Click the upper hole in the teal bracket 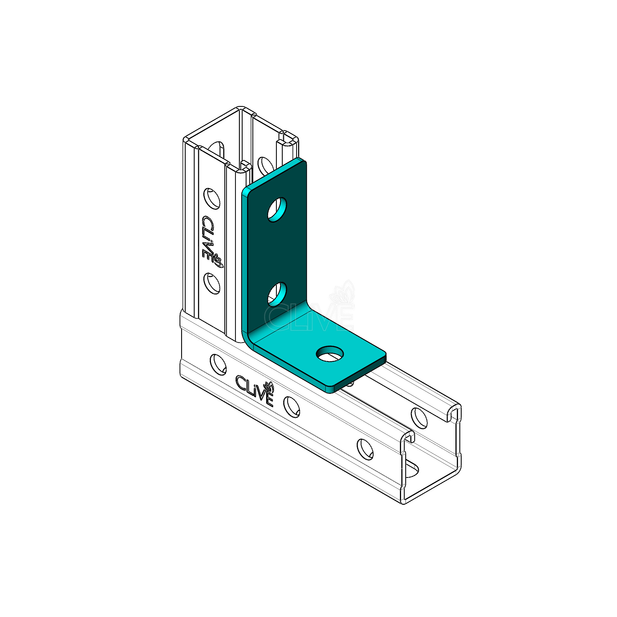tap(277, 209)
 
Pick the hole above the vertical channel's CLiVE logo tap(212, 199)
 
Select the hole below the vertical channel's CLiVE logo tap(212, 283)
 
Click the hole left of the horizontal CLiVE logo tap(218, 364)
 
